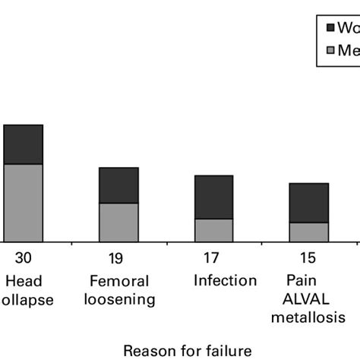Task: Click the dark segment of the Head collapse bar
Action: [23, 144]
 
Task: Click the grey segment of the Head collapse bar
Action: [23, 202]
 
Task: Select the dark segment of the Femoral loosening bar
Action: [118, 185]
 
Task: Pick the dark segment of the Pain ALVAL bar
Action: [309, 203]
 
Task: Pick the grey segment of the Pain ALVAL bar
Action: [309, 232]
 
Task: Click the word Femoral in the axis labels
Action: [118, 281]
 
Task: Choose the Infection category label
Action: [225, 281]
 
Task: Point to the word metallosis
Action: [309, 317]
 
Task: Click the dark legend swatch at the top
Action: [330, 28]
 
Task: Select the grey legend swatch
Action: [330, 50]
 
